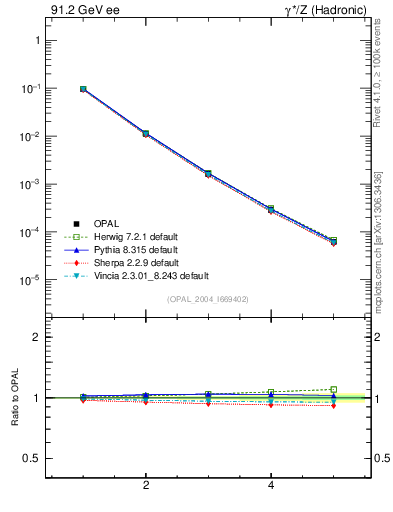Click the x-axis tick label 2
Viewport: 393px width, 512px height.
click(x=146, y=486)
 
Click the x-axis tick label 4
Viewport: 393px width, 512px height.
click(x=271, y=486)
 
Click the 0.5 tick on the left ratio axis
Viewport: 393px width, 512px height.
click(x=30, y=458)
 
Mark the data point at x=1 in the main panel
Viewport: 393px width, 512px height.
click(x=83, y=89)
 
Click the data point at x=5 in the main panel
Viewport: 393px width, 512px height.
click(x=333, y=241)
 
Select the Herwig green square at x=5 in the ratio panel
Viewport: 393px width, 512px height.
click(x=333, y=389)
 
